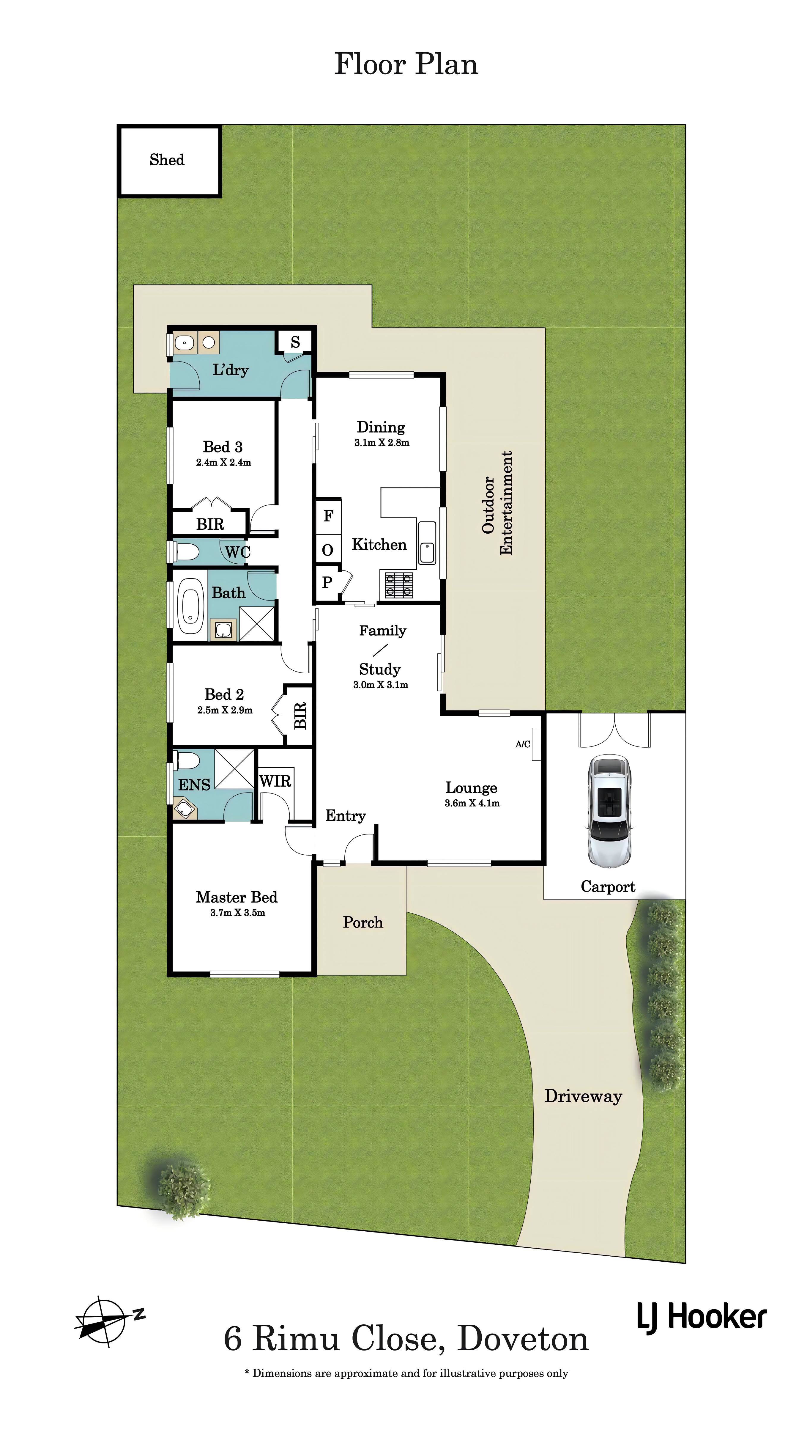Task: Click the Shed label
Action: coord(167,160)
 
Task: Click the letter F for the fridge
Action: coord(328,516)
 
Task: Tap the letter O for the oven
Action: coord(328,550)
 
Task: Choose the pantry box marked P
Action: coord(328,584)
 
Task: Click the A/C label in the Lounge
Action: coord(523,744)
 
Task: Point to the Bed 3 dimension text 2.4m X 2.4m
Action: coord(223,463)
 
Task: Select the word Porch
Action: coord(363,922)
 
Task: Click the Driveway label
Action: coord(584,1097)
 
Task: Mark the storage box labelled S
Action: coord(295,342)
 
